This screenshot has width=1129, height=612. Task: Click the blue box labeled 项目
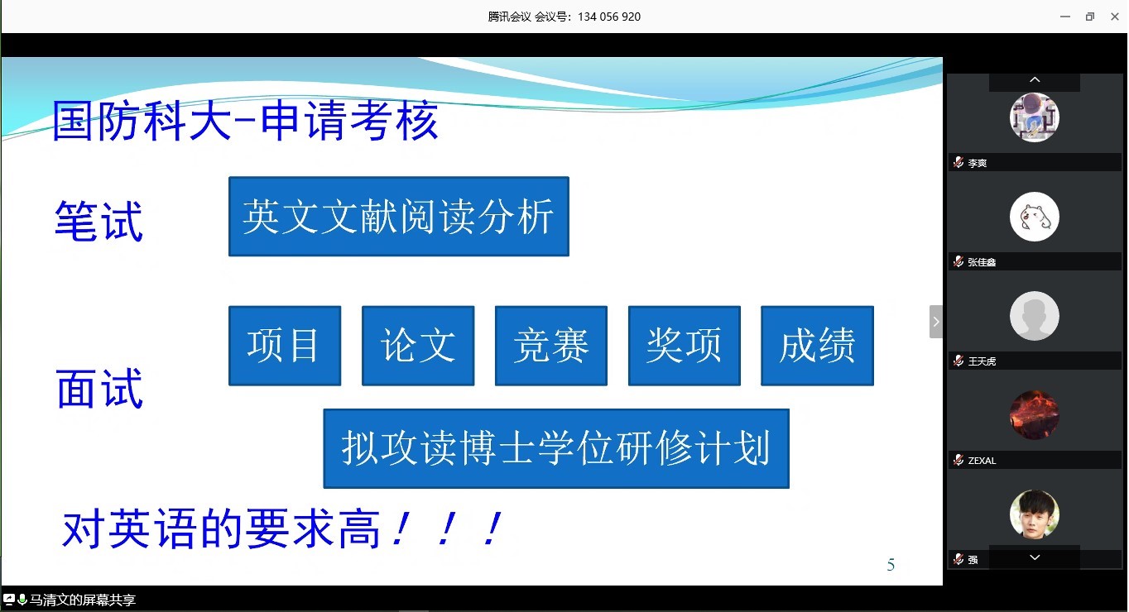pyautogui.click(x=285, y=346)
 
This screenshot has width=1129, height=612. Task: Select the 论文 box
pyautogui.click(x=418, y=346)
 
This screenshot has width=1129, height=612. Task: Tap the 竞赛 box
pyautogui.click(x=551, y=346)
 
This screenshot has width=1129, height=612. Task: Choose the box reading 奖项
pyautogui.click(x=684, y=346)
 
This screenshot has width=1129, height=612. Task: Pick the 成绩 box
pyautogui.click(x=817, y=346)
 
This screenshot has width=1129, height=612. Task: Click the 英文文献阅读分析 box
pyautogui.click(x=399, y=216)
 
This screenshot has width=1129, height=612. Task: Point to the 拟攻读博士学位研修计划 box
pyautogui.click(x=556, y=448)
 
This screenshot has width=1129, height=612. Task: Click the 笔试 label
pyautogui.click(x=98, y=221)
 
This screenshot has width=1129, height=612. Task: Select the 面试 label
pyautogui.click(x=99, y=388)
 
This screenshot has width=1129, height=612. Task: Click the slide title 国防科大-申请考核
pyautogui.click(x=246, y=120)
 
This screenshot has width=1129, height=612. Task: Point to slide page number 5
pyautogui.click(x=891, y=565)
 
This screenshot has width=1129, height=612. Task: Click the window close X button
pyautogui.click(x=1114, y=17)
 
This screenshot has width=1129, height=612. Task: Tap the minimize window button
pyautogui.click(x=1065, y=17)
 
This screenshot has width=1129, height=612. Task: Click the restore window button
pyautogui.click(x=1090, y=17)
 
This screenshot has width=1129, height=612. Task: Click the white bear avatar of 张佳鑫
pyautogui.click(x=1035, y=217)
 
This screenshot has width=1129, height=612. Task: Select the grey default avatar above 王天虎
pyautogui.click(x=1035, y=316)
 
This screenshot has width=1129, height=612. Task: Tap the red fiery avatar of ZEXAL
pyautogui.click(x=1035, y=415)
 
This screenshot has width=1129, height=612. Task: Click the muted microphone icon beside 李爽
pyautogui.click(x=958, y=162)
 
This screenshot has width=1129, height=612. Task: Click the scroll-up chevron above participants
pyautogui.click(x=1035, y=79)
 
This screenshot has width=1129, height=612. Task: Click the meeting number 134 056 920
pyautogui.click(x=609, y=17)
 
